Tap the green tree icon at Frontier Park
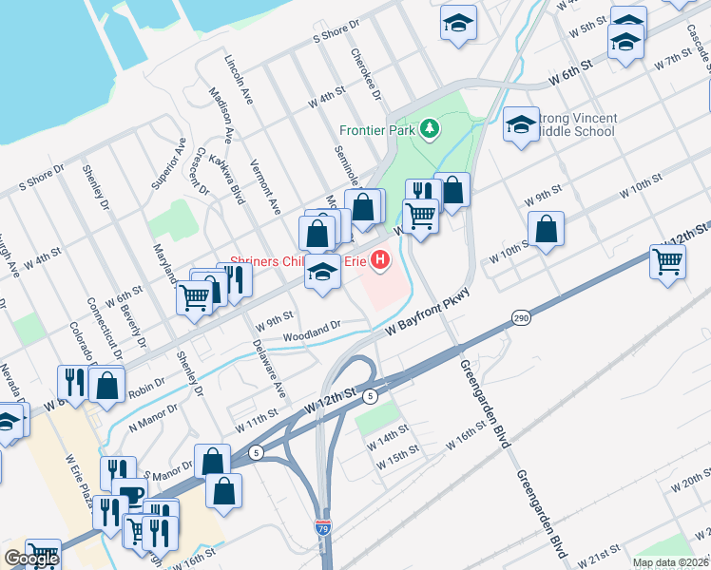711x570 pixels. (x=430, y=127)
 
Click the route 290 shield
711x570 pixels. (x=519, y=317)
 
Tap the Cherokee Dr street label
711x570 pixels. (x=365, y=75)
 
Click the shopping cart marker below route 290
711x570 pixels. (x=668, y=259)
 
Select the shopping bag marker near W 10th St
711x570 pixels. (x=546, y=229)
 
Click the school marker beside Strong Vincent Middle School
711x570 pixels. (x=521, y=123)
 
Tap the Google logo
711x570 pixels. (x=31, y=559)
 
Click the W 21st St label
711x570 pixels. (x=603, y=554)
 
